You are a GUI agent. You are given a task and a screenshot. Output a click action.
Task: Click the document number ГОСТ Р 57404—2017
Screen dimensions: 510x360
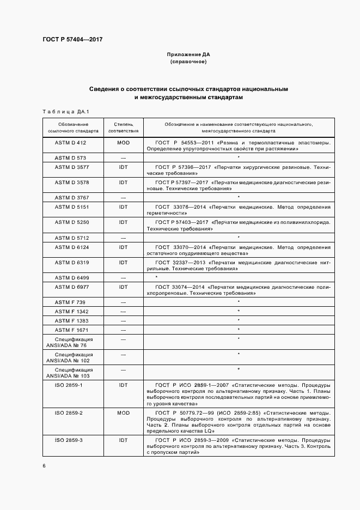[72, 40]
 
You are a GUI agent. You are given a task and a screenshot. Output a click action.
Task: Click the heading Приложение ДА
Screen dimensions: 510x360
[188, 55]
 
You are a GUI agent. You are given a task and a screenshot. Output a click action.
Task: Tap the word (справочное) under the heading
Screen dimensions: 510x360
[188, 62]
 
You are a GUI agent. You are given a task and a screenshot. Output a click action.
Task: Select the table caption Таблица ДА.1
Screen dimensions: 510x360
[65, 112]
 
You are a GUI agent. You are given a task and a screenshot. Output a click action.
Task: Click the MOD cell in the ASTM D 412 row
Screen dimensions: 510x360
[123, 143]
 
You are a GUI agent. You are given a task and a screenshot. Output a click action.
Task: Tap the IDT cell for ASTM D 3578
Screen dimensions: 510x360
[123, 183]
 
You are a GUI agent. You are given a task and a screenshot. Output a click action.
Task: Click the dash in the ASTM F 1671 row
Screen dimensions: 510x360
[123, 330]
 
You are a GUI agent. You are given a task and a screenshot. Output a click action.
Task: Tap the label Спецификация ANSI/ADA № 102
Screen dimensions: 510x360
[71, 357]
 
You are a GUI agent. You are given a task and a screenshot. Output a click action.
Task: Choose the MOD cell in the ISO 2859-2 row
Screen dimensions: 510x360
[123, 412]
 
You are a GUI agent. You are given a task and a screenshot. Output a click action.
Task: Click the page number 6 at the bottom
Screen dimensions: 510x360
[44, 466]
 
